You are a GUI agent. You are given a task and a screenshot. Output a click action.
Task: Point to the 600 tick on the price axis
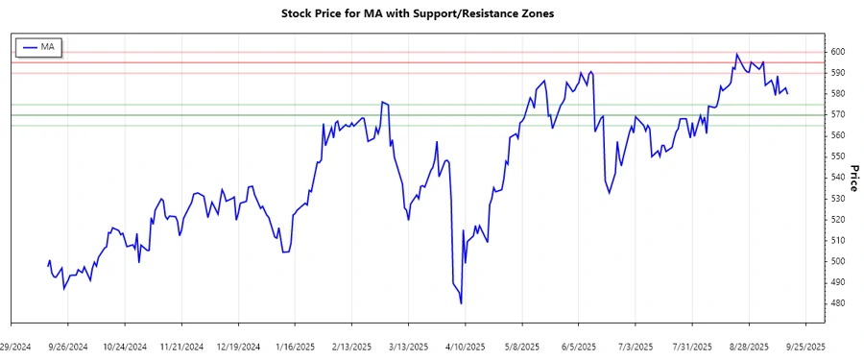click(837, 52)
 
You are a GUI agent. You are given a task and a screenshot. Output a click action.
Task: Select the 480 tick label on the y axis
click(837, 303)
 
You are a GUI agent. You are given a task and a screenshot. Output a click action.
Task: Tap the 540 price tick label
click(837, 178)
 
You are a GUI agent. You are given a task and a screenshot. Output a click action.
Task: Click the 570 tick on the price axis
click(837, 114)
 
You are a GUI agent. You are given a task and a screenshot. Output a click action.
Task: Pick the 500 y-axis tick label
click(837, 261)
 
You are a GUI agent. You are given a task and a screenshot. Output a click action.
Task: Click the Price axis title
click(853, 178)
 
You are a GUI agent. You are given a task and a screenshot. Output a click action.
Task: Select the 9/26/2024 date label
click(69, 346)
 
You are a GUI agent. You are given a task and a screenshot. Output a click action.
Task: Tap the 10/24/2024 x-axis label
click(125, 346)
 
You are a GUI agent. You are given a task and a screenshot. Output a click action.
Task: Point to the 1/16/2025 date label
click(295, 346)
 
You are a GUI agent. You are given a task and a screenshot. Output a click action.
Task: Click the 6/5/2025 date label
click(580, 346)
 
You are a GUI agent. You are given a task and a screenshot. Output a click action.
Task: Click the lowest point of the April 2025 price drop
click(462, 303)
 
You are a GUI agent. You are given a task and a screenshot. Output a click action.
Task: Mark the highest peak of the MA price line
click(736, 54)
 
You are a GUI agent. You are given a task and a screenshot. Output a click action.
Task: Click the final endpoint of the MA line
click(788, 93)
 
